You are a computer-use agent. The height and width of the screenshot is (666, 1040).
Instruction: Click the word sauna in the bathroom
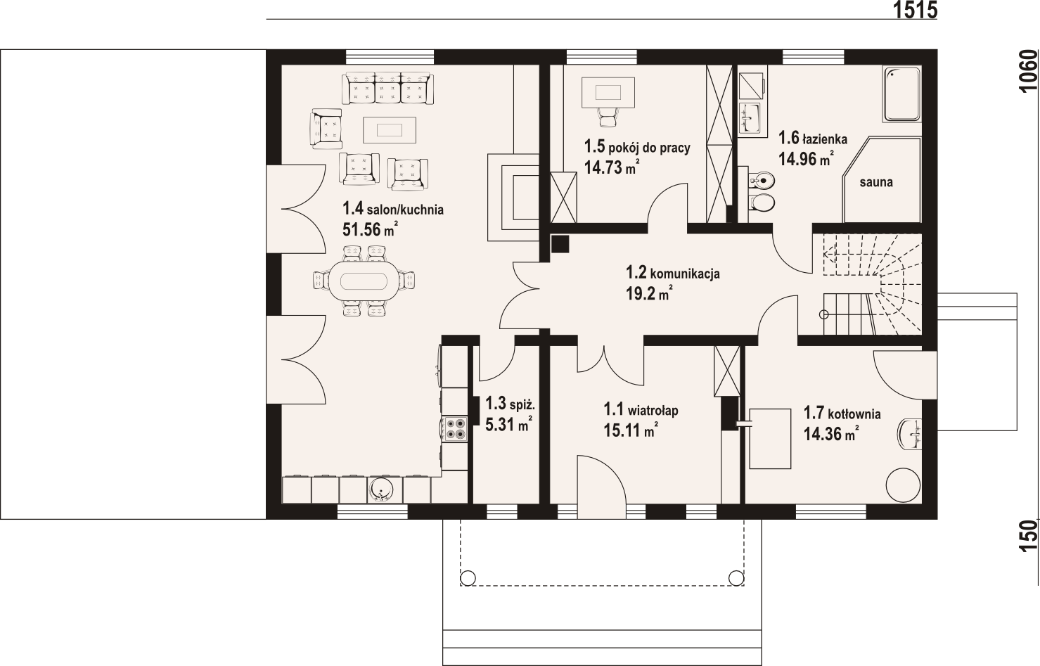[x=876, y=183]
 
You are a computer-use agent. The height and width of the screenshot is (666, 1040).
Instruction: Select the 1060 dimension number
[x=1028, y=72]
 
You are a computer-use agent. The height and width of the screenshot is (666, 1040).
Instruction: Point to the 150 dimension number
[x=1028, y=536]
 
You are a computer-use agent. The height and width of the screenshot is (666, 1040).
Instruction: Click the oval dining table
[x=364, y=281]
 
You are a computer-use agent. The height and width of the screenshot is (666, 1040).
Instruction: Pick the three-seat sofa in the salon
[x=387, y=88]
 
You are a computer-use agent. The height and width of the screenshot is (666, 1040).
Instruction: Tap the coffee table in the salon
[x=390, y=129]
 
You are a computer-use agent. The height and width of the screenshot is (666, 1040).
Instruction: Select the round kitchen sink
[x=380, y=490]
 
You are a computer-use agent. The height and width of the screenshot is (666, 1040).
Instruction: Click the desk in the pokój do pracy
[x=608, y=92]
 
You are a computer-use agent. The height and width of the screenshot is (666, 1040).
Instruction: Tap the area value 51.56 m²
[x=370, y=229]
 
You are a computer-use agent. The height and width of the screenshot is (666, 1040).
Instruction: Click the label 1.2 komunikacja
[x=673, y=273]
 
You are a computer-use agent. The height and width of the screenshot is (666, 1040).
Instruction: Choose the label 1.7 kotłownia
[x=842, y=413]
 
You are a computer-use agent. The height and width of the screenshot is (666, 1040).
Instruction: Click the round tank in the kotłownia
[x=903, y=485]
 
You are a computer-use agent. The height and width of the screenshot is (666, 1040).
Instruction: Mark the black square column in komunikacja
[x=560, y=244]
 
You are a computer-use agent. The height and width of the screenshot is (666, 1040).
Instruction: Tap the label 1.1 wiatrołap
[x=641, y=410]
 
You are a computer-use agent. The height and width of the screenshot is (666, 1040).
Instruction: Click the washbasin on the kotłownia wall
[x=910, y=435]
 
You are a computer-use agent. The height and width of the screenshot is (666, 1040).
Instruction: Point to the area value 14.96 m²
[x=806, y=158]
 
